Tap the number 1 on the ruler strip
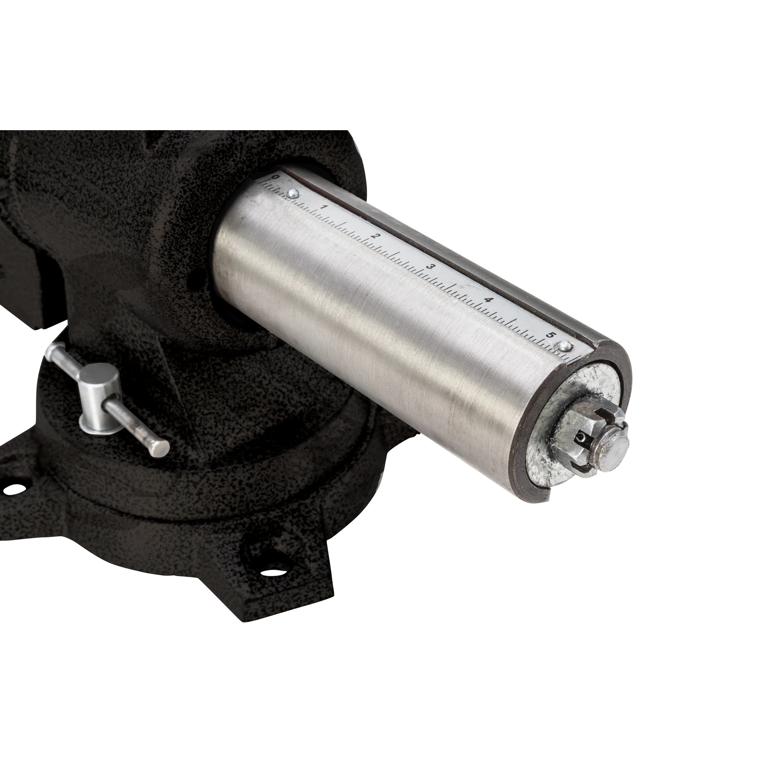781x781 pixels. coord(323,207)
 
